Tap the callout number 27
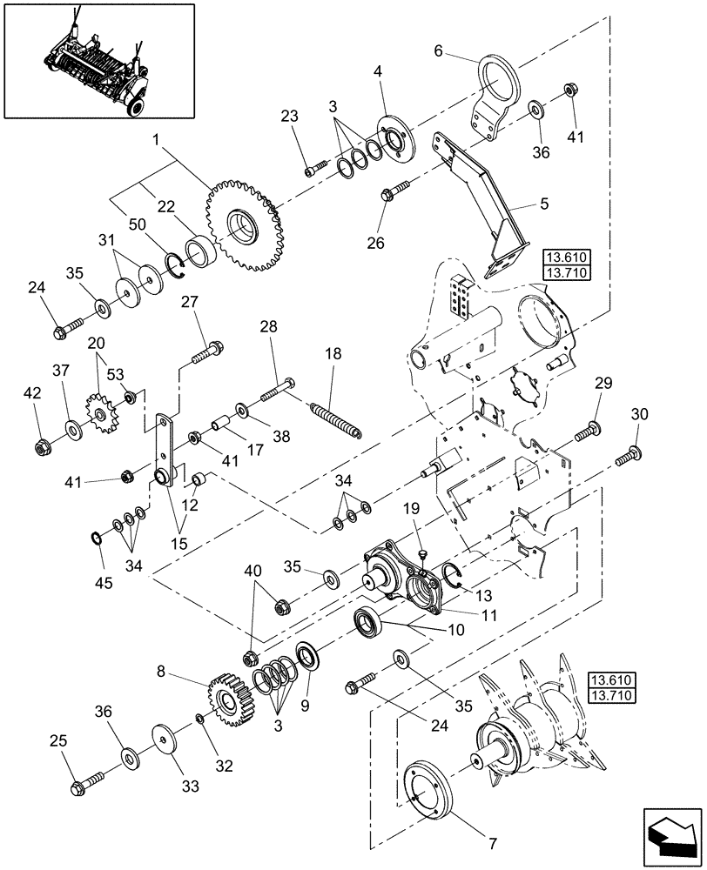(191, 302)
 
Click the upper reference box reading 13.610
(566, 257)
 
